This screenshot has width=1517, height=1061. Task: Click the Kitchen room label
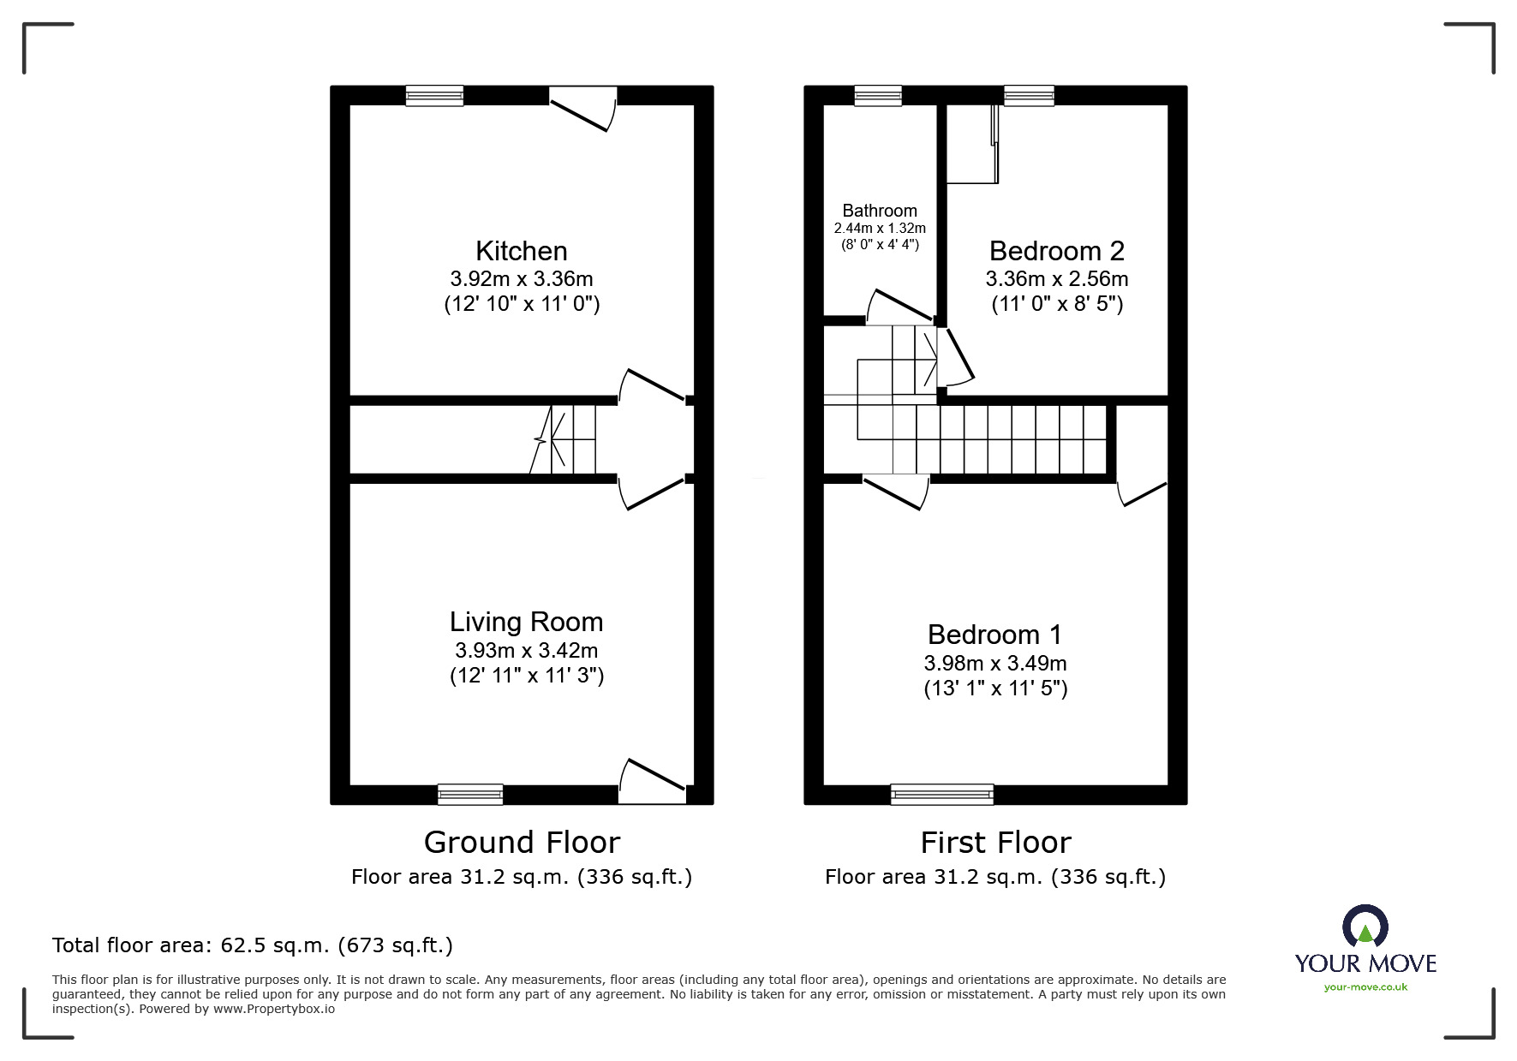[x=521, y=251]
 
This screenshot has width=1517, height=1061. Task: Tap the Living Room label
[x=526, y=622]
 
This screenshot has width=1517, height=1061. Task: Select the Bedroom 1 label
[x=994, y=635]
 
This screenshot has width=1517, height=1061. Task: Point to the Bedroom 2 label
[x=1056, y=251]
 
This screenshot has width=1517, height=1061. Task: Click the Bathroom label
[x=880, y=211]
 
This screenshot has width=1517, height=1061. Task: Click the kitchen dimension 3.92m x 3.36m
[x=522, y=279]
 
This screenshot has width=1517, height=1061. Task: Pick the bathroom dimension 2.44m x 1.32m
[x=880, y=229]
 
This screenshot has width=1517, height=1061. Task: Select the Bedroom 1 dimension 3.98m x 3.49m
[x=995, y=663]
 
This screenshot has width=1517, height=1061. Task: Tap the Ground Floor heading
[x=522, y=843]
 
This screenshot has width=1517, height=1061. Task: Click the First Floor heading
[x=995, y=843]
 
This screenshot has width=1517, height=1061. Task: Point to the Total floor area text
[x=253, y=945]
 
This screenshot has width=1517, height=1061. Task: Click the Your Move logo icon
[x=1365, y=927]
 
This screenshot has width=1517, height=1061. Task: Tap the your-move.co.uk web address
[x=1365, y=987]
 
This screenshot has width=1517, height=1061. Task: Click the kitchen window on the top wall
[x=434, y=95]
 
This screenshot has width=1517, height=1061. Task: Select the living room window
[x=470, y=794]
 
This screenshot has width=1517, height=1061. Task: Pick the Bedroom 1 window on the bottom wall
[x=942, y=794]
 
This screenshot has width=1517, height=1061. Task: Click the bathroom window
[x=878, y=95]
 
